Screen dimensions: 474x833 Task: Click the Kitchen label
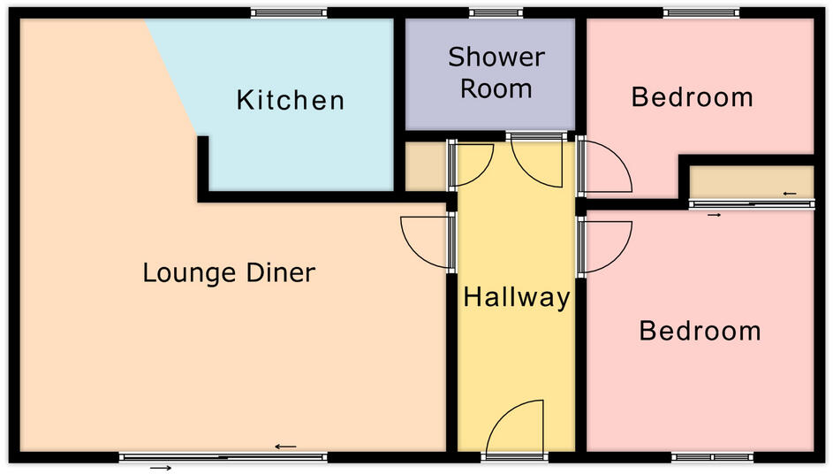pyautogui.click(x=290, y=100)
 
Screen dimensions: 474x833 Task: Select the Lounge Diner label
pyautogui.click(x=229, y=272)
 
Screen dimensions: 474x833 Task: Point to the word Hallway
pyautogui.click(x=517, y=297)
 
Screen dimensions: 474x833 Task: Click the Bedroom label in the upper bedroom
pyautogui.click(x=692, y=96)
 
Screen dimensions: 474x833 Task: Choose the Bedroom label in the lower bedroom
pyautogui.click(x=700, y=331)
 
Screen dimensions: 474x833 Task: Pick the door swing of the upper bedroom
pyautogui.click(x=605, y=168)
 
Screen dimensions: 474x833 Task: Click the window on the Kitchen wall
pyautogui.click(x=289, y=12)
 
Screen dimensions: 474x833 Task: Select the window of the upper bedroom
pyautogui.click(x=700, y=12)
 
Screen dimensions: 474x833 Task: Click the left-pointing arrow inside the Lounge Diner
pyautogui.click(x=285, y=447)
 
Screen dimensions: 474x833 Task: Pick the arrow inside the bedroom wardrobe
pyautogui.click(x=789, y=194)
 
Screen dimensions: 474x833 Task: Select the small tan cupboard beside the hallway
pyautogui.click(x=426, y=166)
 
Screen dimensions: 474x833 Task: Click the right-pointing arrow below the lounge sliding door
pyautogui.click(x=160, y=467)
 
